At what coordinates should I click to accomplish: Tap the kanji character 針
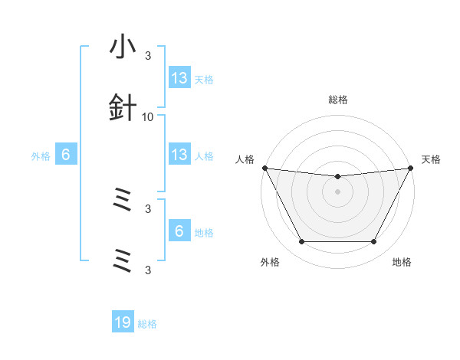123,110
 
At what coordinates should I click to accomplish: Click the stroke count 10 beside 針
148,116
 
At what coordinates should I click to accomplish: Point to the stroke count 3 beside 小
148,56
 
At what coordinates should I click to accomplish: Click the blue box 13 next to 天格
179,77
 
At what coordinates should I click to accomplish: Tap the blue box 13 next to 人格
179,155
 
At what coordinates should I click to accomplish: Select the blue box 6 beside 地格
179,231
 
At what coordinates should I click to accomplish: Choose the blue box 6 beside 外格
66,155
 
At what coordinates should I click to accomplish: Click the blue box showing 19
123,322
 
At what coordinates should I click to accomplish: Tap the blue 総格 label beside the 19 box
147,324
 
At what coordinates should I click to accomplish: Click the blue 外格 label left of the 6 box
41,155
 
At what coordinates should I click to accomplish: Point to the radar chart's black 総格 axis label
338,100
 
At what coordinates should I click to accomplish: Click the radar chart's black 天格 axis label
431,159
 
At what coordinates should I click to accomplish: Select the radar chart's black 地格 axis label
402,262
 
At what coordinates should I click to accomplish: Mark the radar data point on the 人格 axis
264,168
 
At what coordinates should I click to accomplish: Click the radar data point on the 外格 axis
301,242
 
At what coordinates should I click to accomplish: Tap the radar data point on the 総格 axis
338,177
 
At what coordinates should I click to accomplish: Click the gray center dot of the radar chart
338,191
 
